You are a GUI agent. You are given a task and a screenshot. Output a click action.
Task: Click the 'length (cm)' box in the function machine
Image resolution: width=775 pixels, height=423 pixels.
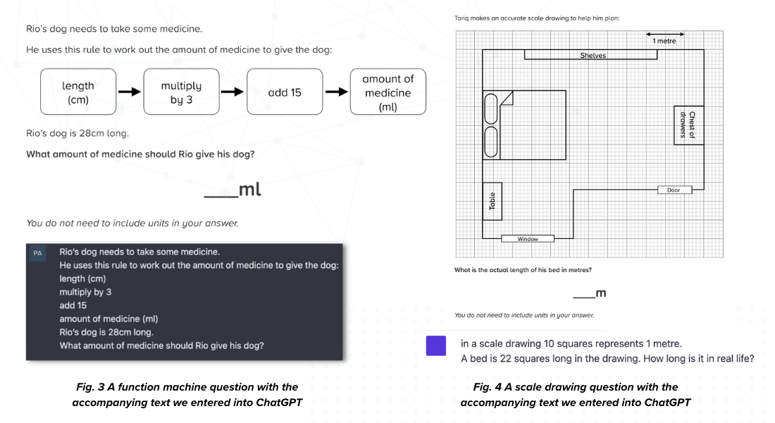78,92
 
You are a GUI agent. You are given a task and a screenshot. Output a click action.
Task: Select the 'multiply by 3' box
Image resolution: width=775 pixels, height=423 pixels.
181,92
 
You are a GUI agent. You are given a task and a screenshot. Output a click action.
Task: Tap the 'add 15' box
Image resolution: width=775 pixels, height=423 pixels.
285,92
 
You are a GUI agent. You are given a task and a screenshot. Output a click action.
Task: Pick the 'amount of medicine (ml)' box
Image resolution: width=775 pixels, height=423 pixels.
388,92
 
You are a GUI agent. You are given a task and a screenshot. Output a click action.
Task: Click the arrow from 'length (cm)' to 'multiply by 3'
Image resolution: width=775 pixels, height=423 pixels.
130,92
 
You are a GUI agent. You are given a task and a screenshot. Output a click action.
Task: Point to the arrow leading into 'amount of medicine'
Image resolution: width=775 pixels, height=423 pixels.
337,92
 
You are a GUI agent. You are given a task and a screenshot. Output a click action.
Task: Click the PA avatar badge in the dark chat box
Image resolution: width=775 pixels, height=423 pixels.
37,253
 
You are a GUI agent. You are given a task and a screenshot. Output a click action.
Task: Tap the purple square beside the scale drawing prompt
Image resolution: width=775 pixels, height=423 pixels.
436,346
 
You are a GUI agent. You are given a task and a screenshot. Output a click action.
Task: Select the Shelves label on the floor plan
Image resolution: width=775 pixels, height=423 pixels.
593,56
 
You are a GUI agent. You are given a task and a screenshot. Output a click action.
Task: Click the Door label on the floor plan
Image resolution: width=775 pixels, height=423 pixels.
674,190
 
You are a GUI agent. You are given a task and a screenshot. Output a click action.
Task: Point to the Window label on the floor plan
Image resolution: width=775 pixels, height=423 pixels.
528,239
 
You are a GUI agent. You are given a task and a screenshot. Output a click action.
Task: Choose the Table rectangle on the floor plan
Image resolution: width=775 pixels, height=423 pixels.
492,201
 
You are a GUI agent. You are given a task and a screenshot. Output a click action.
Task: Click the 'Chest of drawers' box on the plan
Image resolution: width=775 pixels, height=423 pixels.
688,125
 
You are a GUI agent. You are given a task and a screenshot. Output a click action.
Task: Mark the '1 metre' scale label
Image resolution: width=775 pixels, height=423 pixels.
664,41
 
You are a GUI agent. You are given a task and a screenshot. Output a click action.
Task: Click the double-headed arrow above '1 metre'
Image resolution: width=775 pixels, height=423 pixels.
665,34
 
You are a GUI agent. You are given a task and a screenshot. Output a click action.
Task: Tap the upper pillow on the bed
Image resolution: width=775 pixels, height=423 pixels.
491,109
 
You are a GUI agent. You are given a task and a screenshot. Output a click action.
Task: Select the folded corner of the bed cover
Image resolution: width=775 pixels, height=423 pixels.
507,99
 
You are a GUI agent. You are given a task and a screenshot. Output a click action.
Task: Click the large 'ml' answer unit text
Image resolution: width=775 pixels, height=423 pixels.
249,190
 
